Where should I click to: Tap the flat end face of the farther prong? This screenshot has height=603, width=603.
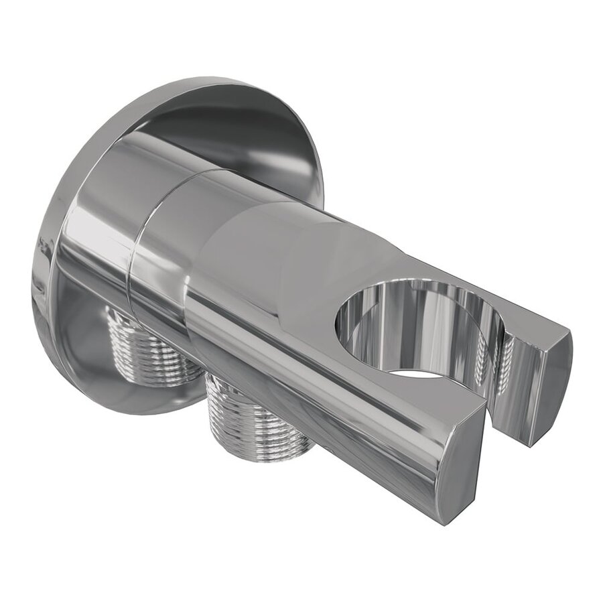(549, 389)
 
